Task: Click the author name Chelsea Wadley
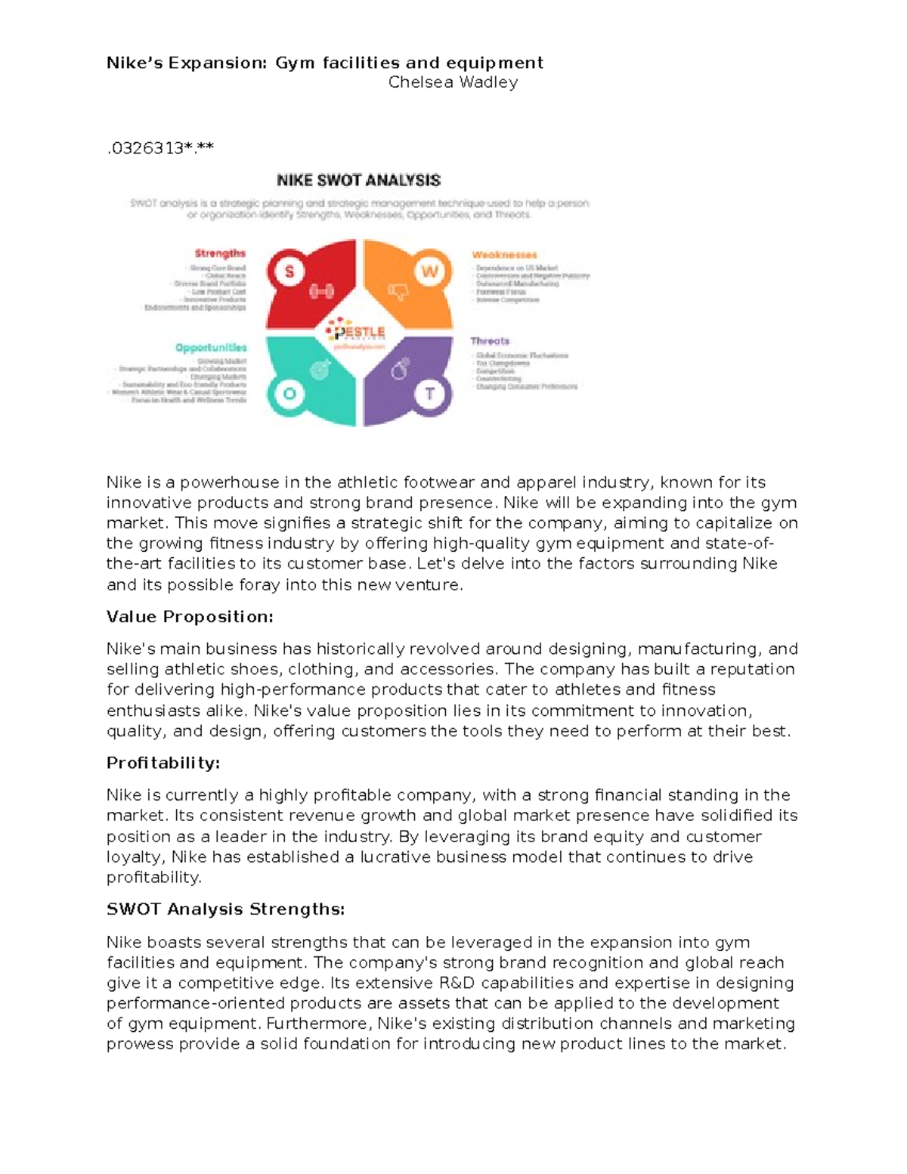click(453, 82)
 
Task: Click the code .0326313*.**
click(160, 148)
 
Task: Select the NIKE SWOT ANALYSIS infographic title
click(358, 181)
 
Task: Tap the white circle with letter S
click(289, 271)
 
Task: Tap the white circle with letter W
click(429, 271)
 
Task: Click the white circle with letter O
click(289, 393)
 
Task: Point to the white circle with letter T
click(429, 394)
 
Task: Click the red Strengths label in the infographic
click(220, 253)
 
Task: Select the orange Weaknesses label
click(504, 255)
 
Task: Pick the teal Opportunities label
click(211, 348)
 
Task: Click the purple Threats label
click(490, 341)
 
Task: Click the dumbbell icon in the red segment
click(322, 291)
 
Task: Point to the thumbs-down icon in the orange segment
click(398, 291)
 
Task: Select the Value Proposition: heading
click(190, 617)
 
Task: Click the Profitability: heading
click(163, 763)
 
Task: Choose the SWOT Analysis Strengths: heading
click(225, 909)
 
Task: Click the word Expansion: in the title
click(218, 63)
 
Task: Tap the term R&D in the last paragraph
click(456, 983)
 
